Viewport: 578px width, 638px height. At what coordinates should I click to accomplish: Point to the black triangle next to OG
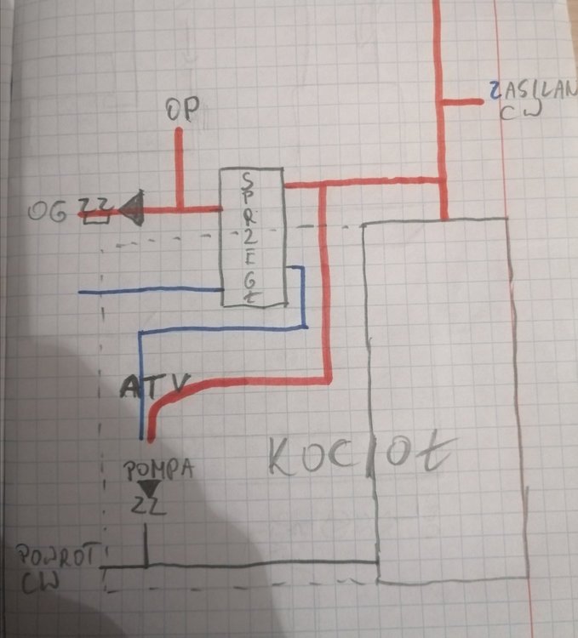[131, 207]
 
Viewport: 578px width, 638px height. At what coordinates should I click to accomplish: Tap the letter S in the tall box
[246, 181]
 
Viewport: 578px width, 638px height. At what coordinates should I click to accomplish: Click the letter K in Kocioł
[283, 459]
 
